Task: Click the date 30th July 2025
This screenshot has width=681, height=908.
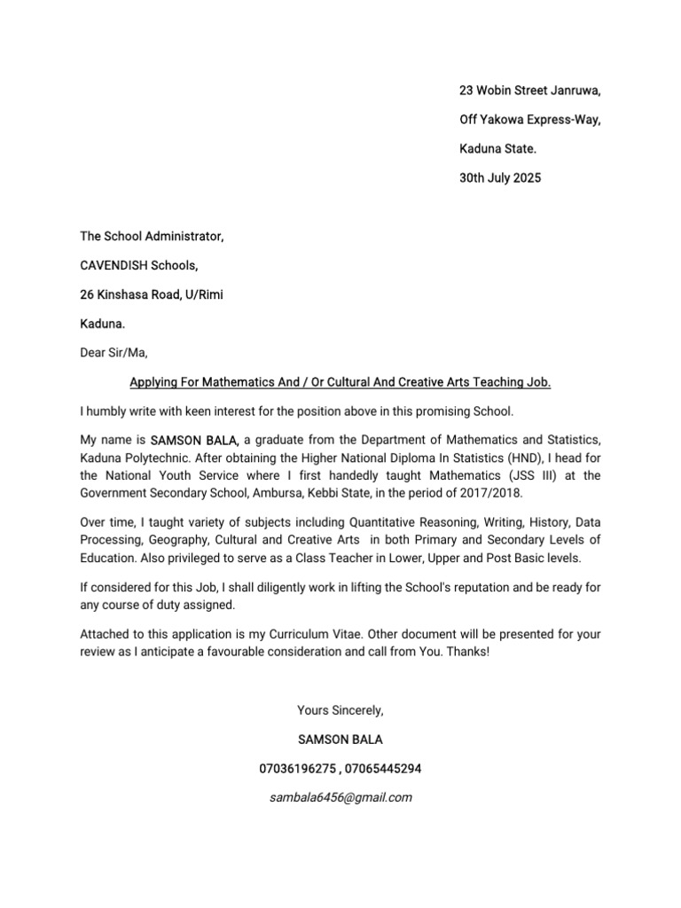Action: pos(499,178)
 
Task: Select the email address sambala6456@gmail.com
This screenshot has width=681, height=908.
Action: pos(341,797)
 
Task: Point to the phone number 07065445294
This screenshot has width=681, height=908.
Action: pos(387,768)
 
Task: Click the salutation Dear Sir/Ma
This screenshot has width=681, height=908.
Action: pos(114,353)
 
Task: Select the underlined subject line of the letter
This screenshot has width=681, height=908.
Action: pos(340,382)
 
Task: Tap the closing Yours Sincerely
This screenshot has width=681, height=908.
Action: pos(341,710)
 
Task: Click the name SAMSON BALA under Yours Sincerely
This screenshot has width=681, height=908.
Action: pos(341,739)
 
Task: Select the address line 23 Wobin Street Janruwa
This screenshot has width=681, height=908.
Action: pos(529,90)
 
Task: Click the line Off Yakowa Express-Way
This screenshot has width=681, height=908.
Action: pos(529,120)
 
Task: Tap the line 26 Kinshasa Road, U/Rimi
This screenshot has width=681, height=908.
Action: pos(152,294)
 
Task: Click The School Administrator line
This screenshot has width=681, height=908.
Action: pos(153,236)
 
